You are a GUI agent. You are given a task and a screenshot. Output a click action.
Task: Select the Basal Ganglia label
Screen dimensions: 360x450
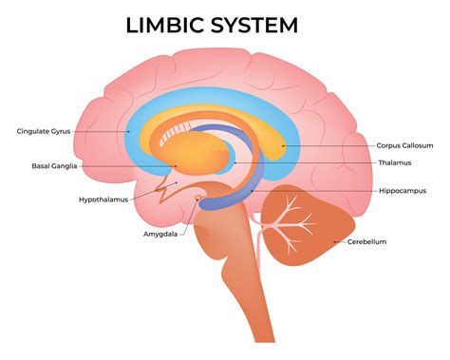click(x=53, y=165)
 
